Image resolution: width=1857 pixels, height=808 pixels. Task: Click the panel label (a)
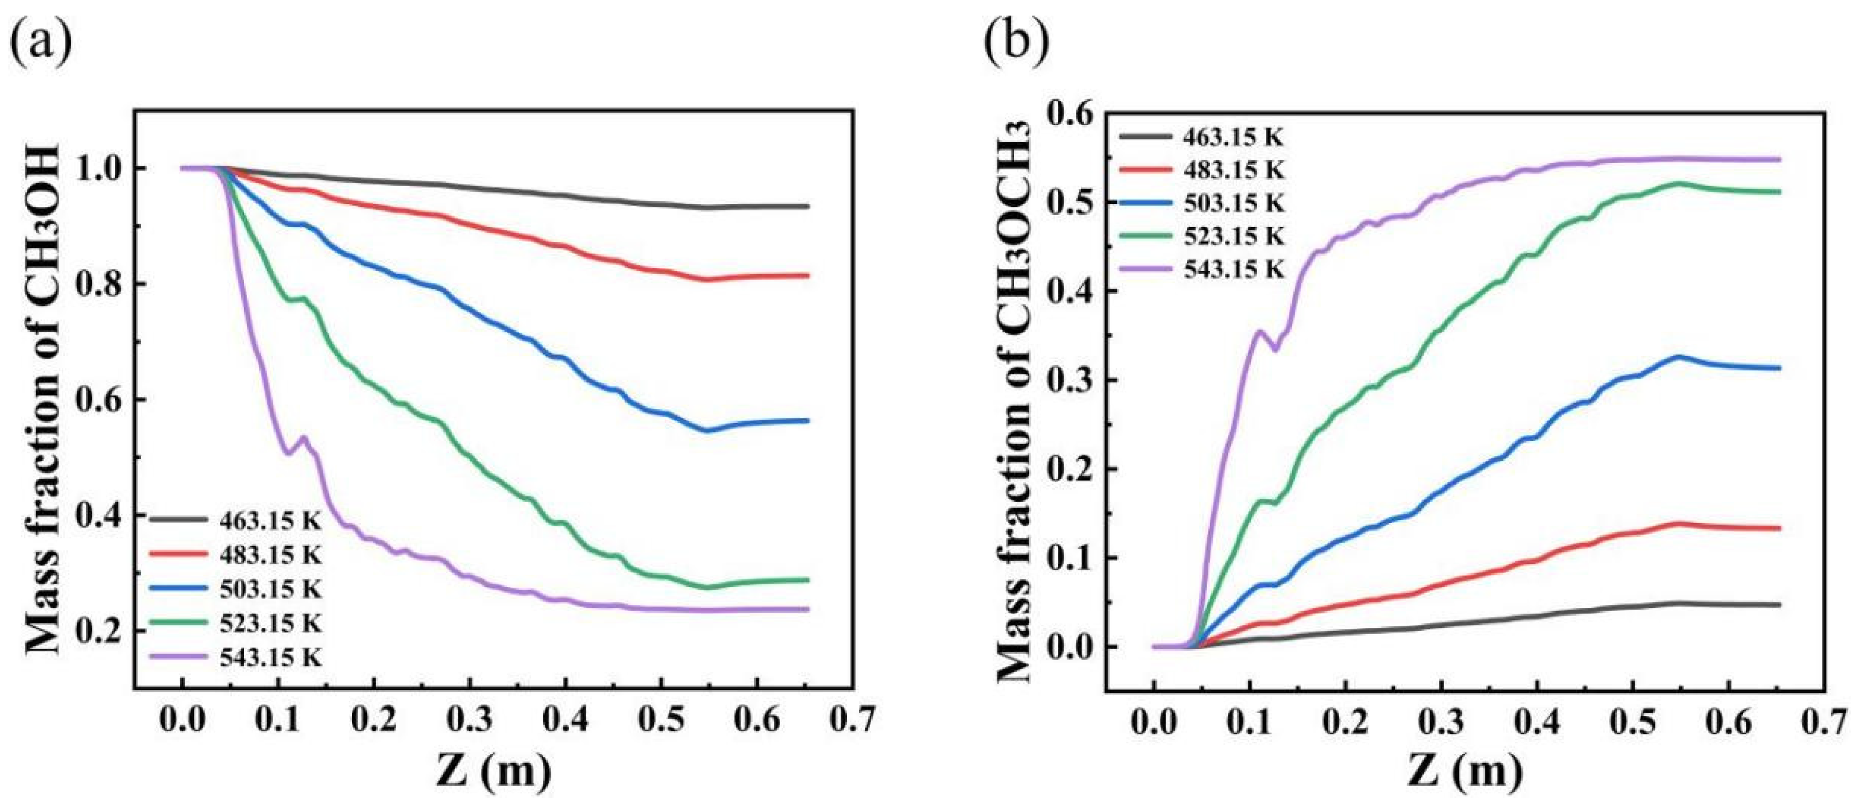pos(42,42)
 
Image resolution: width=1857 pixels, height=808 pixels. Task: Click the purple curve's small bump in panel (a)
pos(304,437)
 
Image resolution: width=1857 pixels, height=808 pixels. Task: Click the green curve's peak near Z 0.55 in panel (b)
pos(1677,183)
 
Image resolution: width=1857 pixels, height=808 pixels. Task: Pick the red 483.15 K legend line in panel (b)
pos(1146,169)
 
